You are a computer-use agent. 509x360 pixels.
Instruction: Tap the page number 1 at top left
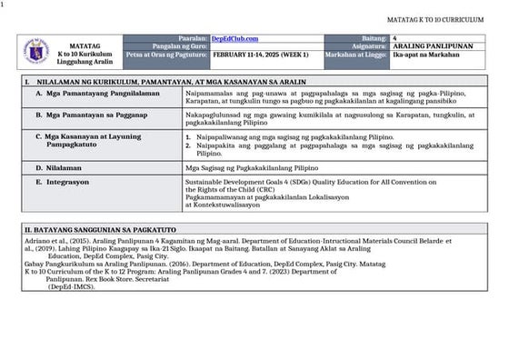[4, 5]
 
